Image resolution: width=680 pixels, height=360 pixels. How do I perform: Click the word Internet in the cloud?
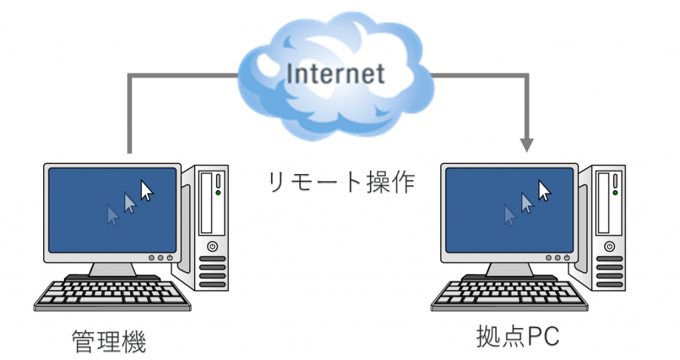335,74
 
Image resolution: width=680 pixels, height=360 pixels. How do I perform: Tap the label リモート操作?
342,182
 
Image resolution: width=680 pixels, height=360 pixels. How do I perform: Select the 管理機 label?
109,342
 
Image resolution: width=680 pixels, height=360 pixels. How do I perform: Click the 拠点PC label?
518,336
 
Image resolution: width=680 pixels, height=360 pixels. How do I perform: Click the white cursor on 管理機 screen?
147,191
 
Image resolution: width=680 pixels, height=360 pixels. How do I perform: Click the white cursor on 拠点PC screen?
544,191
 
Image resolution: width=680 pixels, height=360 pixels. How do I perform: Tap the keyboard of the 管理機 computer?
112,296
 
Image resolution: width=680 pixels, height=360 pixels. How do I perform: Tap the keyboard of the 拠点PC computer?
509,296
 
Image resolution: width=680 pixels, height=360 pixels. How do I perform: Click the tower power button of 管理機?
212,247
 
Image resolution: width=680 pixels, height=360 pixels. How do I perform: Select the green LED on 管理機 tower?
218,193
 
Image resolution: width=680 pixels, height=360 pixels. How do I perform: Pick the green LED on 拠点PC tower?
616,193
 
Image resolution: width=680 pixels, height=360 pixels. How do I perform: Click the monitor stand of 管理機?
112,270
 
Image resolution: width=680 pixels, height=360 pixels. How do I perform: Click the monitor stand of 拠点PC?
509,270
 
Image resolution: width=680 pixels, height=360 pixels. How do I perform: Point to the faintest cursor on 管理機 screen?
113,215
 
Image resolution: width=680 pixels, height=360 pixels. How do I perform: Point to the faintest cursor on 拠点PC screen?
509,215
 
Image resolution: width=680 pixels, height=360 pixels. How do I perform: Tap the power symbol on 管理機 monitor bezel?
169,258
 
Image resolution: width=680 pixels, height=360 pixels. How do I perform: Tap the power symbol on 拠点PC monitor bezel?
567,258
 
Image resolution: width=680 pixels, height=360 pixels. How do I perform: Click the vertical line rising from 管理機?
129,114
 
